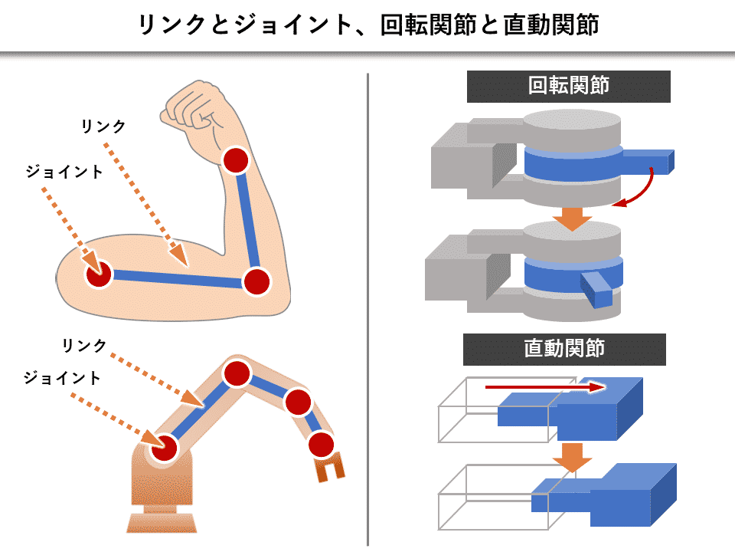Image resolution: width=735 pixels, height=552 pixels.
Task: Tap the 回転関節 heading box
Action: tap(568, 87)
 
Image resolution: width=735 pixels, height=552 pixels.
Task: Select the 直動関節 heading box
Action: tap(564, 350)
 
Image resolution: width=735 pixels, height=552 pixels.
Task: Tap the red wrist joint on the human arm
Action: tap(236, 160)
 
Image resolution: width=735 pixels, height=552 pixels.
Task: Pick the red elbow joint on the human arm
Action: tap(256, 281)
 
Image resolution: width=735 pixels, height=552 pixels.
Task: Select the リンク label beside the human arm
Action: tap(103, 127)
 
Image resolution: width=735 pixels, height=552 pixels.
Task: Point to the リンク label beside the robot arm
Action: tap(84, 346)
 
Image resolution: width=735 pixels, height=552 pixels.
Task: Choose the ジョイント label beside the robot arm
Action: tap(62, 378)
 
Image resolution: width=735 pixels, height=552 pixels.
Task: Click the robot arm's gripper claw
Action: tap(330, 467)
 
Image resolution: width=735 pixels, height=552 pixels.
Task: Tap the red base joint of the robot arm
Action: tap(164, 447)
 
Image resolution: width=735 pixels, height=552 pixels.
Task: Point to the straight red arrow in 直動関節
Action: tap(544, 388)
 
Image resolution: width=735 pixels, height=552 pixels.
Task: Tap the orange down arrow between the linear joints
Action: tap(573, 457)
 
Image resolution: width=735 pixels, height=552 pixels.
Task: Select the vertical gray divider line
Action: tap(368, 307)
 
